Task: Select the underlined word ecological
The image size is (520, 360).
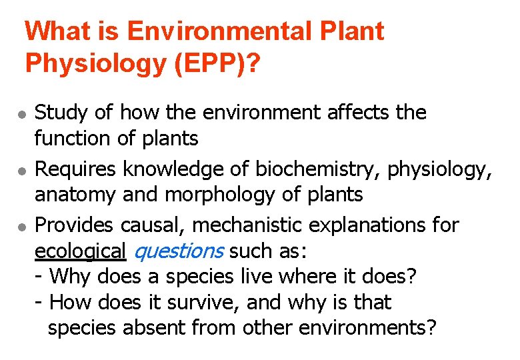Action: click(x=80, y=251)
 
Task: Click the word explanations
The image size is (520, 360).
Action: click(x=369, y=225)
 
